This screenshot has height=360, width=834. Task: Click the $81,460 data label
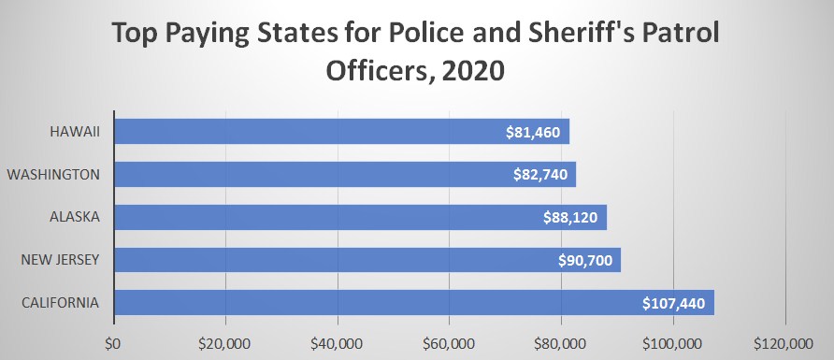[x=531, y=132]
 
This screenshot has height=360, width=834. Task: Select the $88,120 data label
[x=571, y=217]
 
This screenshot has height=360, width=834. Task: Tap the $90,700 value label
[x=584, y=260]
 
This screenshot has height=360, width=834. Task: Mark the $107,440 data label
[x=675, y=303]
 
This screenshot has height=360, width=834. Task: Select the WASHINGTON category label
[x=60, y=174]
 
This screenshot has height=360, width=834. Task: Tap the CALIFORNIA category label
[x=65, y=303]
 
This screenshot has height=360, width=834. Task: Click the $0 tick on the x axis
[x=114, y=341]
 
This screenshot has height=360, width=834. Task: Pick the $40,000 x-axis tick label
[x=337, y=341]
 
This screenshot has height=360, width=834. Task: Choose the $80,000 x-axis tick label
[x=561, y=341]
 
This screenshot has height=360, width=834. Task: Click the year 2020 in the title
[x=473, y=72]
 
